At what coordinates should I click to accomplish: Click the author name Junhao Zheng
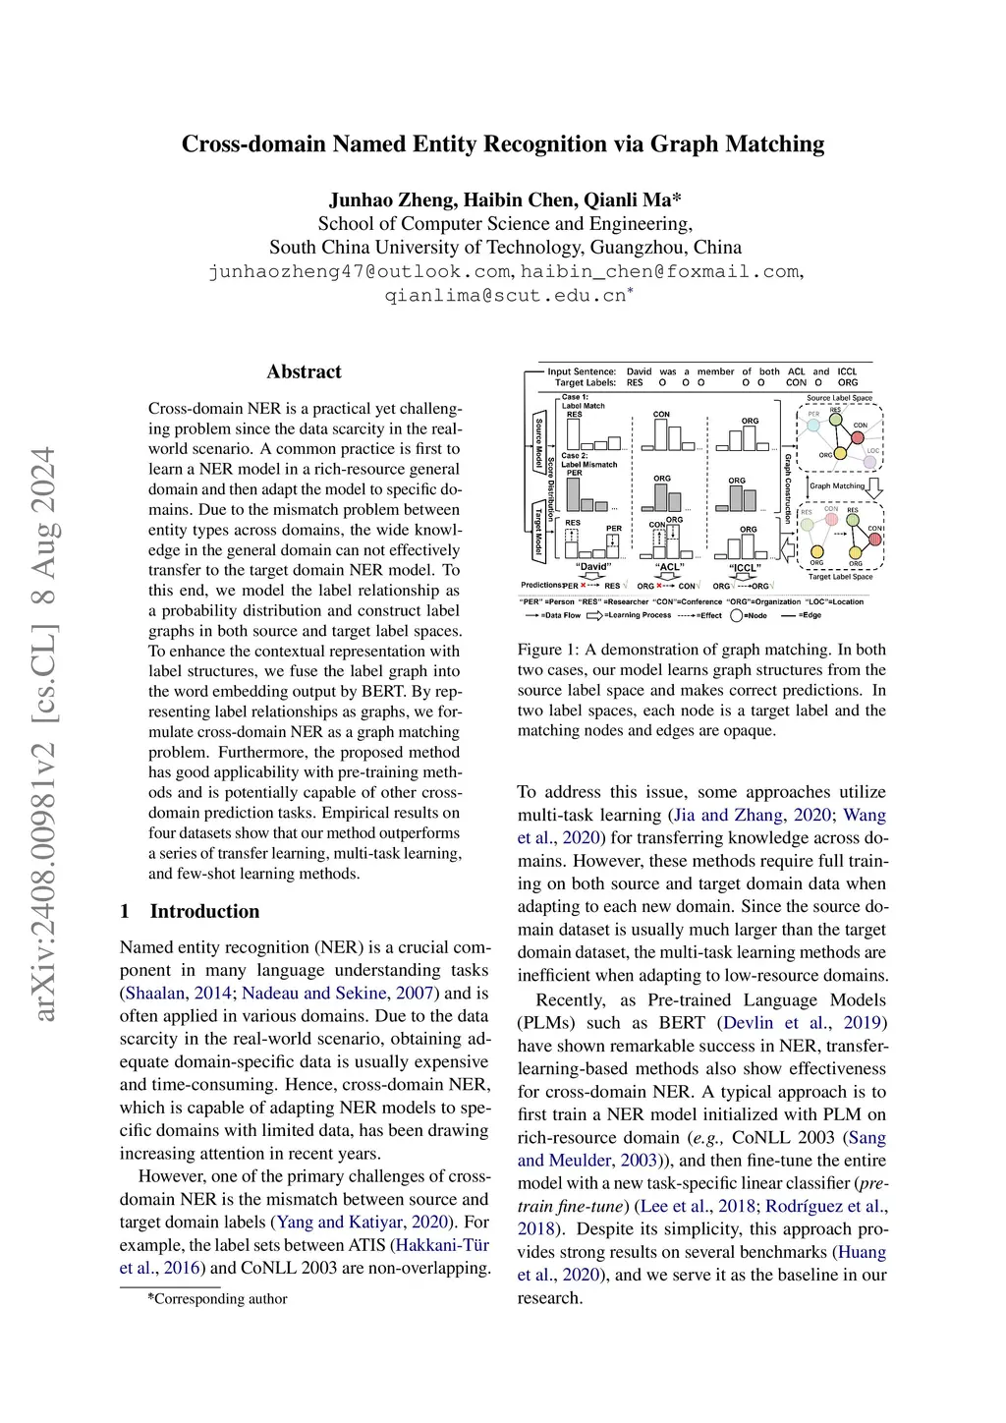(x=391, y=200)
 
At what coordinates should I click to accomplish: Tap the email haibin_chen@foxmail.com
(x=660, y=271)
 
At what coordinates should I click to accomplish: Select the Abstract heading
(x=304, y=371)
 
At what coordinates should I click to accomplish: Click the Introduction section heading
(x=204, y=911)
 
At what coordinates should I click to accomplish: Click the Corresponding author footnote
(x=217, y=1298)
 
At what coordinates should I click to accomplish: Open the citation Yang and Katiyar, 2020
(x=363, y=1223)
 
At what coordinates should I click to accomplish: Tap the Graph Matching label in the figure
(x=836, y=485)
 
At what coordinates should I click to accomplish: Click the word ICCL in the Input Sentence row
(x=847, y=371)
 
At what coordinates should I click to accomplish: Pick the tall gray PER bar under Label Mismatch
(x=574, y=493)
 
